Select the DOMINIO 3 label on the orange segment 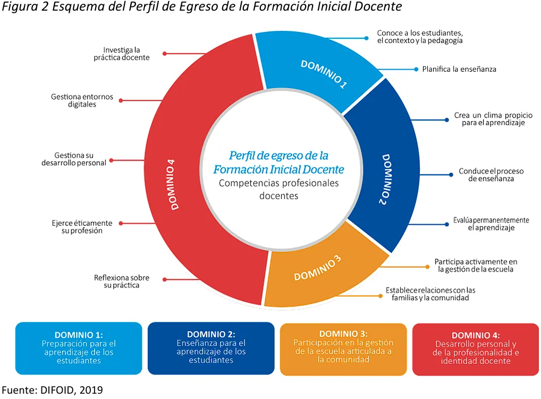click(x=317, y=268)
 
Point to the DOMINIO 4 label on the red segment click(x=173, y=184)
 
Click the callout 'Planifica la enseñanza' click(x=459, y=69)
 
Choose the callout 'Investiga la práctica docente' click(x=122, y=54)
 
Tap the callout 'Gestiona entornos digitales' click(x=82, y=100)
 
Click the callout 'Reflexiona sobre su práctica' click(x=122, y=282)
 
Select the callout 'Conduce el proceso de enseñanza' click(x=491, y=175)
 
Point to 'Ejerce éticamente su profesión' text click(x=82, y=227)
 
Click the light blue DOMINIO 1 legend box click(x=79, y=349)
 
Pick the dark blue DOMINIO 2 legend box click(x=211, y=349)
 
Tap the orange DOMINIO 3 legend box click(x=343, y=349)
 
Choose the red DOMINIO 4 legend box click(x=476, y=349)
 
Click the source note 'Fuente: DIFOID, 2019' click(x=53, y=390)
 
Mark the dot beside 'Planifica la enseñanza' click(x=416, y=69)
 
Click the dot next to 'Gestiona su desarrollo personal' click(x=112, y=160)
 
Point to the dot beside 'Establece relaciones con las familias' click(x=380, y=296)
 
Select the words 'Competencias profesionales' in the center click(x=279, y=183)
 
